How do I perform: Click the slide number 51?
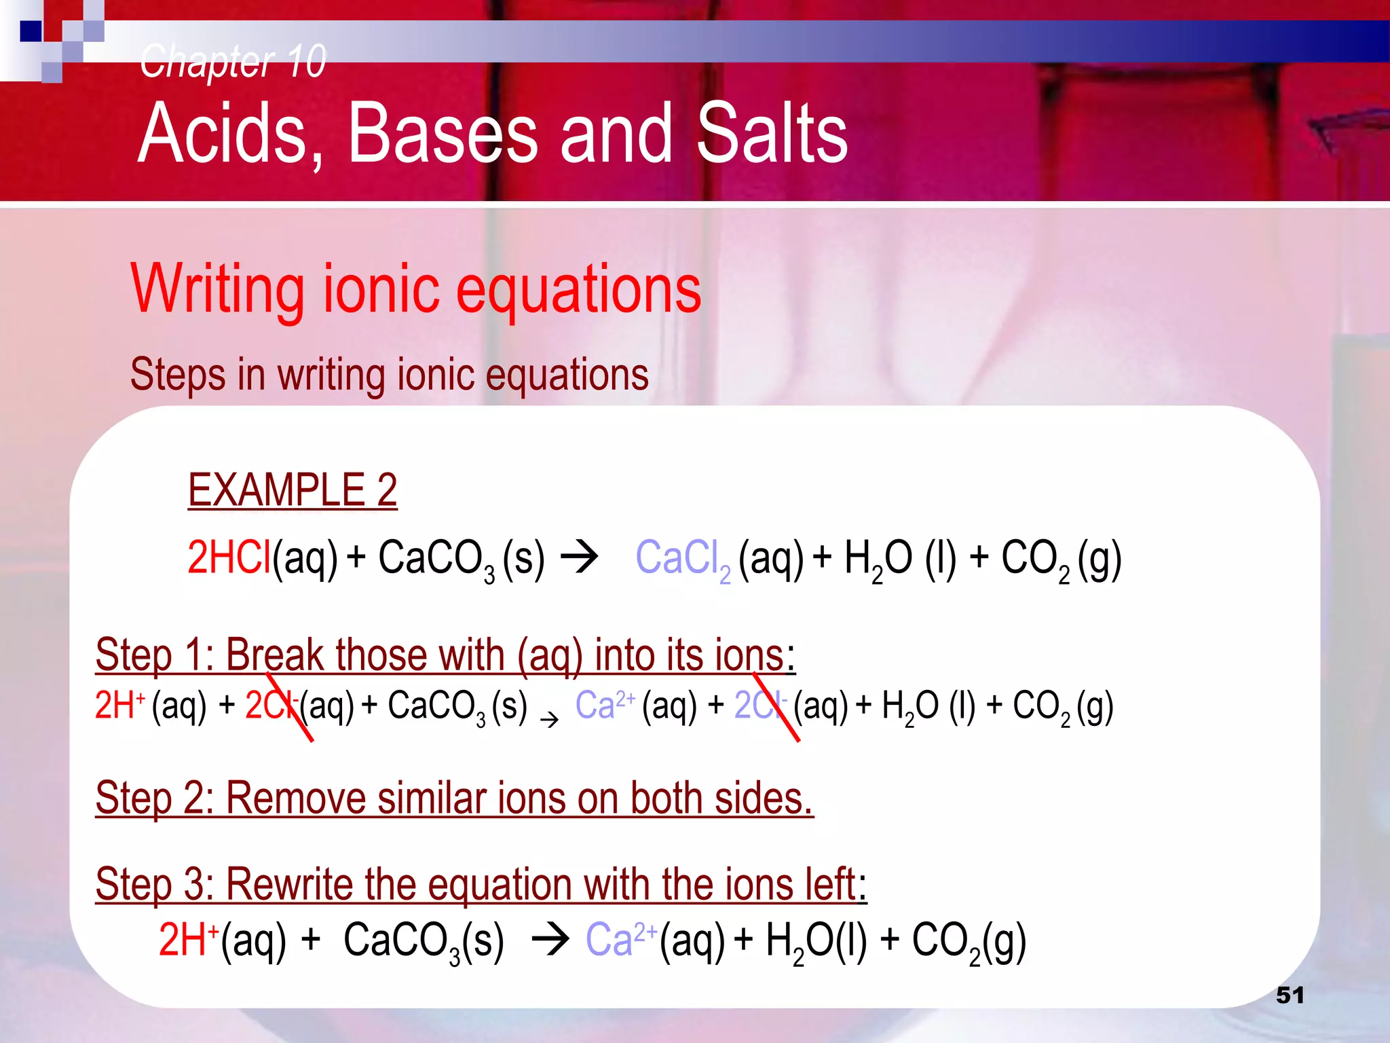[1290, 995]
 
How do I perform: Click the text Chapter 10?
[233, 61]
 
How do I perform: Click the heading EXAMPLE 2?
[293, 490]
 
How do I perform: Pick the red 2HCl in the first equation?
[229, 558]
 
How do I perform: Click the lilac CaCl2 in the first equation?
[682, 560]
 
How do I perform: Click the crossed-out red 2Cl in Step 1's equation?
[271, 705]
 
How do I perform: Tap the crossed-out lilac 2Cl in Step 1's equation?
[760, 705]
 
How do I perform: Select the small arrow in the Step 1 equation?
[549, 719]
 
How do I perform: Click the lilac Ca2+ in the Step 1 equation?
[605, 705]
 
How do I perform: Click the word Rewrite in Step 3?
[288, 884]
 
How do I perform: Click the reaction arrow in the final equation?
[550, 940]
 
